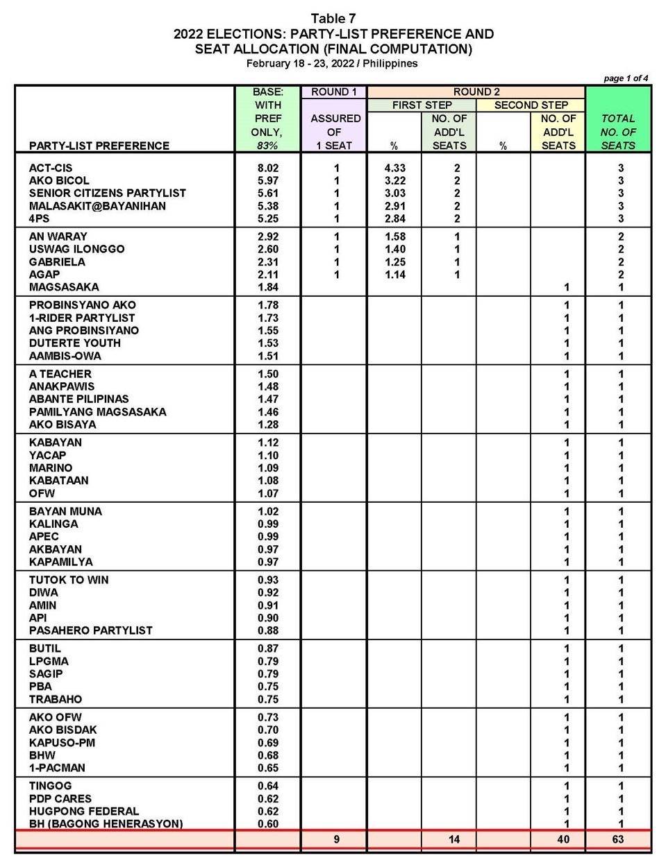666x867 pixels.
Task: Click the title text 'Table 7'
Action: pyautogui.click(x=333, y=18)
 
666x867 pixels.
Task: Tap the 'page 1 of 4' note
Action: pyautogui.click(x=626, y=78)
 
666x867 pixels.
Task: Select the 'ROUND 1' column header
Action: pyautogui.click(x=334, y=92)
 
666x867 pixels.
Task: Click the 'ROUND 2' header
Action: pyautogui.click(x=476, y=92)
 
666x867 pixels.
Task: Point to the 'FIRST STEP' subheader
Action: pyautogui.click(x=422, y=105)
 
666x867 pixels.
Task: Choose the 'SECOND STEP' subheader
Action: pyautogui.click(x=531, y=105)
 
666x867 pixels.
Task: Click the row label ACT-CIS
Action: pyautogui.click(x=51, y=168)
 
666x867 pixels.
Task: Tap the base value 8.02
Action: pyautogui.click(x=267, y=168)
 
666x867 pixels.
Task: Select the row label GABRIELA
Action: pyautogui.click(x=57, y=261)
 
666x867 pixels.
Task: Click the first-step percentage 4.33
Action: pyautogui.click(x=394, y=168)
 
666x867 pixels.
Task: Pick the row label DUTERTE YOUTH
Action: pyautogui.click(x=74, y=343)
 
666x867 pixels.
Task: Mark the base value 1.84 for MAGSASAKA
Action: pyautogui.click(x=267, y=287)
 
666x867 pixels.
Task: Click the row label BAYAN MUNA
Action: pyautogui.click(x=65, y=511)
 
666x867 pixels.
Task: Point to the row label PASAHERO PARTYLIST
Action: pyautogui.click(x=90, y=630)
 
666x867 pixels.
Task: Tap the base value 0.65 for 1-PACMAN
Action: pyautogui.click(x=267, y=768)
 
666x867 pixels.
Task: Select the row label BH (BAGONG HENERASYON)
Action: pyautogui.click(x=106, y=824)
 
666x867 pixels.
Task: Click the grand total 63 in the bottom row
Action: pyautogui.click(x=618, y=839)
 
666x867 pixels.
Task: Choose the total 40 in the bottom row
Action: pyautogui.click(x=563, y=839)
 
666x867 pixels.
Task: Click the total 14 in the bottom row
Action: pyautogui.click(x=453, y=839)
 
